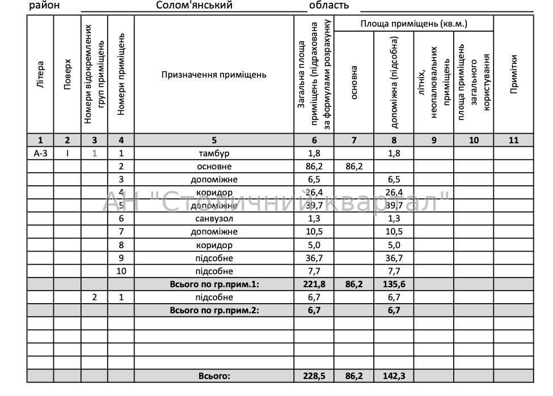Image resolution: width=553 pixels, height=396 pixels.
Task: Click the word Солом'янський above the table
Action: (194, 6)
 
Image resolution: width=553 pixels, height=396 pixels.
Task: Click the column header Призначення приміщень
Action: (214, 75)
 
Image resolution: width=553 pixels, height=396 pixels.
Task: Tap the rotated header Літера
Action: (40, 75)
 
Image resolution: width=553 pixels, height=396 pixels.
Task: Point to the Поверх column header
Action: (67, 75)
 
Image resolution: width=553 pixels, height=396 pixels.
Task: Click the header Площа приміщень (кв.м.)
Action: (414, 24)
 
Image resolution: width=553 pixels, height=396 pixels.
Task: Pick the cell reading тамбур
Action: (214, 154)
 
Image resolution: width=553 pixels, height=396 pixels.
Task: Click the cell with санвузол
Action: (214, 219)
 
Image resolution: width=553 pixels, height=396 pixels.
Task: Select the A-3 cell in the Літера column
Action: (40, 154)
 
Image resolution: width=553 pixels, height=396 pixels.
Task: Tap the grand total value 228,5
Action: (314, 376)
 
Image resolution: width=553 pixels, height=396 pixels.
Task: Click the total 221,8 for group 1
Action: (314, 284)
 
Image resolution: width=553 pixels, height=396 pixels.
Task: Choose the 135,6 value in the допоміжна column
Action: (394, 284)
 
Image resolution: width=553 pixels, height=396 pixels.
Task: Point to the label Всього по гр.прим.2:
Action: (214, 310)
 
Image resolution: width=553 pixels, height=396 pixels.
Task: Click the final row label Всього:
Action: (214, 376)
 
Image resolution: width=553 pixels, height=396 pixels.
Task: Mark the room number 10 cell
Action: (121, 271)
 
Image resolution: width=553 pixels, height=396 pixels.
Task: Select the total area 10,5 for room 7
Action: (314, 232)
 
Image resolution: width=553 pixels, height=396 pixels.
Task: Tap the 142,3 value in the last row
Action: (394, 376)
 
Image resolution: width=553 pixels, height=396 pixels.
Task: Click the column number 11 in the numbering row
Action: (514, 140)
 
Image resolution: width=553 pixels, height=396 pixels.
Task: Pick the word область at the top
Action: (328, 6)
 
